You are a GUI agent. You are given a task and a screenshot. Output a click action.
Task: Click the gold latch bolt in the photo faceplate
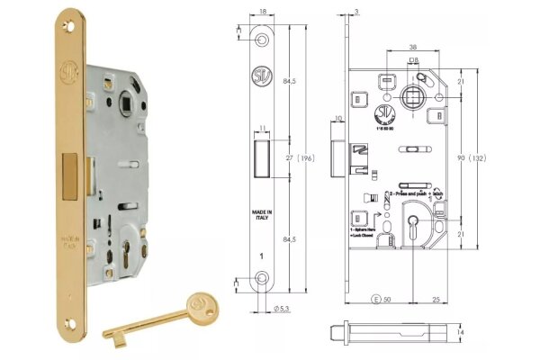tap(67, 175)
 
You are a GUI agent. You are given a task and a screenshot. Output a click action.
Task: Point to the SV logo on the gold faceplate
tap(67, 69)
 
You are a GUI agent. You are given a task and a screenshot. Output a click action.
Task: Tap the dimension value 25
tap(436, 297)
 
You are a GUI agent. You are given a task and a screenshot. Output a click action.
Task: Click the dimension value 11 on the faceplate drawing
tap(262, 128)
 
